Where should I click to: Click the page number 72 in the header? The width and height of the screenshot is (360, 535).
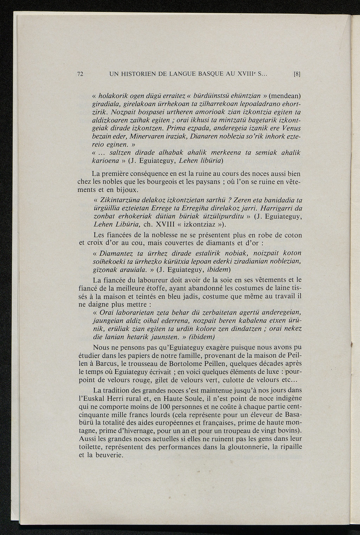pos(80,74)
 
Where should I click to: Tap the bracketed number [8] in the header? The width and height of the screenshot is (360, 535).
pos(297,74)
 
